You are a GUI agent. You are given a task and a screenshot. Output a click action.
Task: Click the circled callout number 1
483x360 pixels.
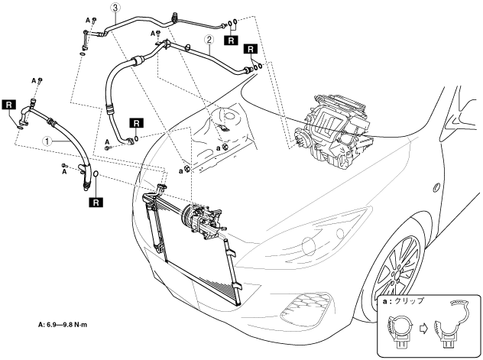coord(47,141)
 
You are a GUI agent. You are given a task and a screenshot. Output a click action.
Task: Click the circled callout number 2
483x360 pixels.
coord(209,39)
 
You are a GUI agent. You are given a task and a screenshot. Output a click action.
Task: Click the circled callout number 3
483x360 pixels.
coord(115,8)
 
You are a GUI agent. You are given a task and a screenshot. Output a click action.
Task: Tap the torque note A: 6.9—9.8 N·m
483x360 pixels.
coord(63,324)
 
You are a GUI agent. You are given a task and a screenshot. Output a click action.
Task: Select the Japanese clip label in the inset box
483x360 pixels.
coord(404,301)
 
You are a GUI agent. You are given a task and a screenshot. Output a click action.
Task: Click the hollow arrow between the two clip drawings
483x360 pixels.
coord(424,329)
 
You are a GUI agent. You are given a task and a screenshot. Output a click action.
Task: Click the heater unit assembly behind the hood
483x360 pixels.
coord(334,131)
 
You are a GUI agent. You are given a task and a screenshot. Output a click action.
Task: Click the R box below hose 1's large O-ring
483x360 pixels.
coord(96,203)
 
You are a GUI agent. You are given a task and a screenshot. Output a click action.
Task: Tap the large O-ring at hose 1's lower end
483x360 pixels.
coord(96,174)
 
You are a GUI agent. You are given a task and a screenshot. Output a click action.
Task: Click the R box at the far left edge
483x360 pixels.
coord(8,105)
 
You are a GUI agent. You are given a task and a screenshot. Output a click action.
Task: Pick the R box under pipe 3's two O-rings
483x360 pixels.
coord(232,40)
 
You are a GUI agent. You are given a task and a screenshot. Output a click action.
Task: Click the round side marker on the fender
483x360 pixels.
coord(436,187)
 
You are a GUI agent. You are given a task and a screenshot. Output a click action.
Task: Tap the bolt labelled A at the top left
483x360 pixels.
coord(95,20)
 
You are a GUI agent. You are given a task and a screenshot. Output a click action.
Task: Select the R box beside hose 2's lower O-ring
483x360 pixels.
coord(137,123)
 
